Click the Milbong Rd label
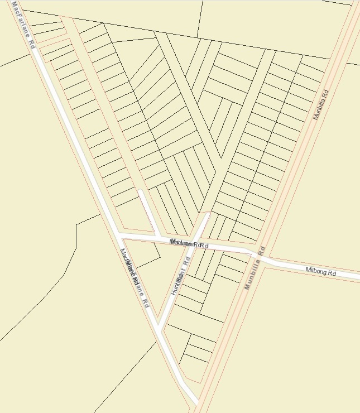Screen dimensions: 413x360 [321, 272]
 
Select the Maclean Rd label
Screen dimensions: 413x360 [189, 244]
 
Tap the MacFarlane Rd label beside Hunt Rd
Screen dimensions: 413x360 [136, 278]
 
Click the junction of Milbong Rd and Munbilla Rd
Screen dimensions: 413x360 [260, 258]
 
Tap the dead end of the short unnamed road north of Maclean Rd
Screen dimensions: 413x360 [140, 191]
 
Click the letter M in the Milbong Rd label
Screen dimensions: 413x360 [308, 270]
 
